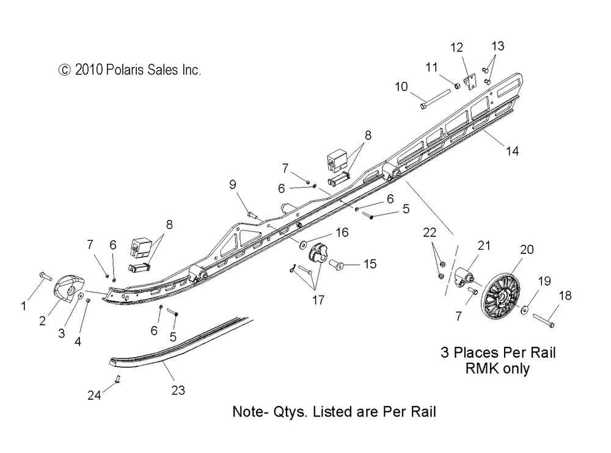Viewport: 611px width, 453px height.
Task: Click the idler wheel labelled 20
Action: tap(500, 296)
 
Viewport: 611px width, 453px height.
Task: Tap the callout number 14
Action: tap(512, 151)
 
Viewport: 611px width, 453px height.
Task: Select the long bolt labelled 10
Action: tap(435, 100)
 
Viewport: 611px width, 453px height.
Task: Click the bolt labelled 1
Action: tap(46, 277)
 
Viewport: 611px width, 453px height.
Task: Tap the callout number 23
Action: tap(178, 390)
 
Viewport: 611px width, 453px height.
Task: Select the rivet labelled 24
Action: tap(118, 379)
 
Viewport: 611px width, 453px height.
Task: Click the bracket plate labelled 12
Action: tap(469, 81)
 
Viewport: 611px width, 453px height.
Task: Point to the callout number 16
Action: tap(342, 233)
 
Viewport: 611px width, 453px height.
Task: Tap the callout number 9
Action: tap(233, 184)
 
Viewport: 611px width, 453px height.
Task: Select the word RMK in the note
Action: tap(480, 369)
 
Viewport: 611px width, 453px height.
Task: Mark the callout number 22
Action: tap(430, 233)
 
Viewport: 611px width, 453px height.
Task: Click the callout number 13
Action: tap(497, 46)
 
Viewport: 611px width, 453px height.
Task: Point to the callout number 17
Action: tap(318, 300)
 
